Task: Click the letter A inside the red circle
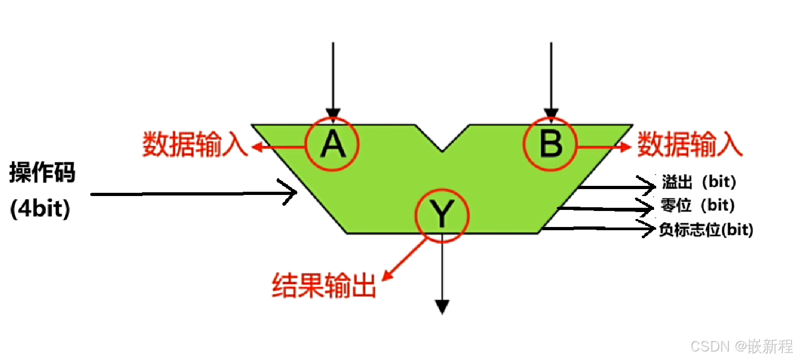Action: point(333,144)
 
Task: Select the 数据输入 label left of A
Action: point(195,144)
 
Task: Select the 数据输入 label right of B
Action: point(689,144)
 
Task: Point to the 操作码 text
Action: point(42,174)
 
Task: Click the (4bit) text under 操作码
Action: point(40,209)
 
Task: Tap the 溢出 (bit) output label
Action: point(699,182)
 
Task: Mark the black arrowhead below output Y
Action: point(442,307)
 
